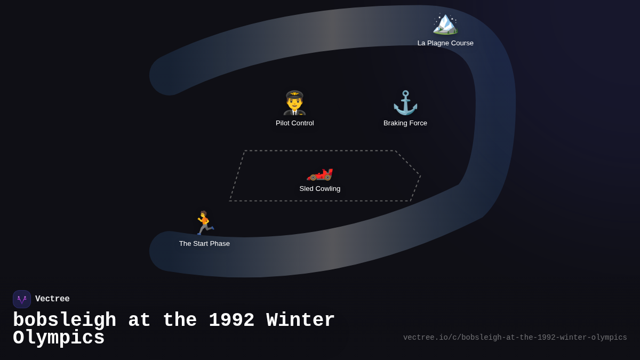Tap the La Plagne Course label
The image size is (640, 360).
(x=445, y=43)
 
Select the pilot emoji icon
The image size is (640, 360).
(x=294, y=103)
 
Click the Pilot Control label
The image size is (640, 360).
(x=295, y=123)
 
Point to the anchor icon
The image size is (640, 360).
(x=405, y=103)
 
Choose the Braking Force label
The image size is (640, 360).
(x=405, y=123)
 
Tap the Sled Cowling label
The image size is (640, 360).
(x=320, y=189)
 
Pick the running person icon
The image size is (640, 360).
(x=204, y=223)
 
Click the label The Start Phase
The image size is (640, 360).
(x=204, y=244)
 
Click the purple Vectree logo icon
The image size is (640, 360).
(x=22, y=299)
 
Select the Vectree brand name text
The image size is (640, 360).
(x=52, y=299)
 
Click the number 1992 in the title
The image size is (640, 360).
(x=231, y=321)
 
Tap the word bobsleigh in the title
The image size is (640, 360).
(x=65, y=321)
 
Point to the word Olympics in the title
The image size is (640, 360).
(x=59, y=338)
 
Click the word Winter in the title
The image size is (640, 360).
(x=301, y=321)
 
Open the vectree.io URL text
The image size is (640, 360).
(x=515, y=338)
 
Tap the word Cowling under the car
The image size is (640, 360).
(x=327, y=189)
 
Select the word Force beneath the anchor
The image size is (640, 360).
(x=417, y=123)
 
